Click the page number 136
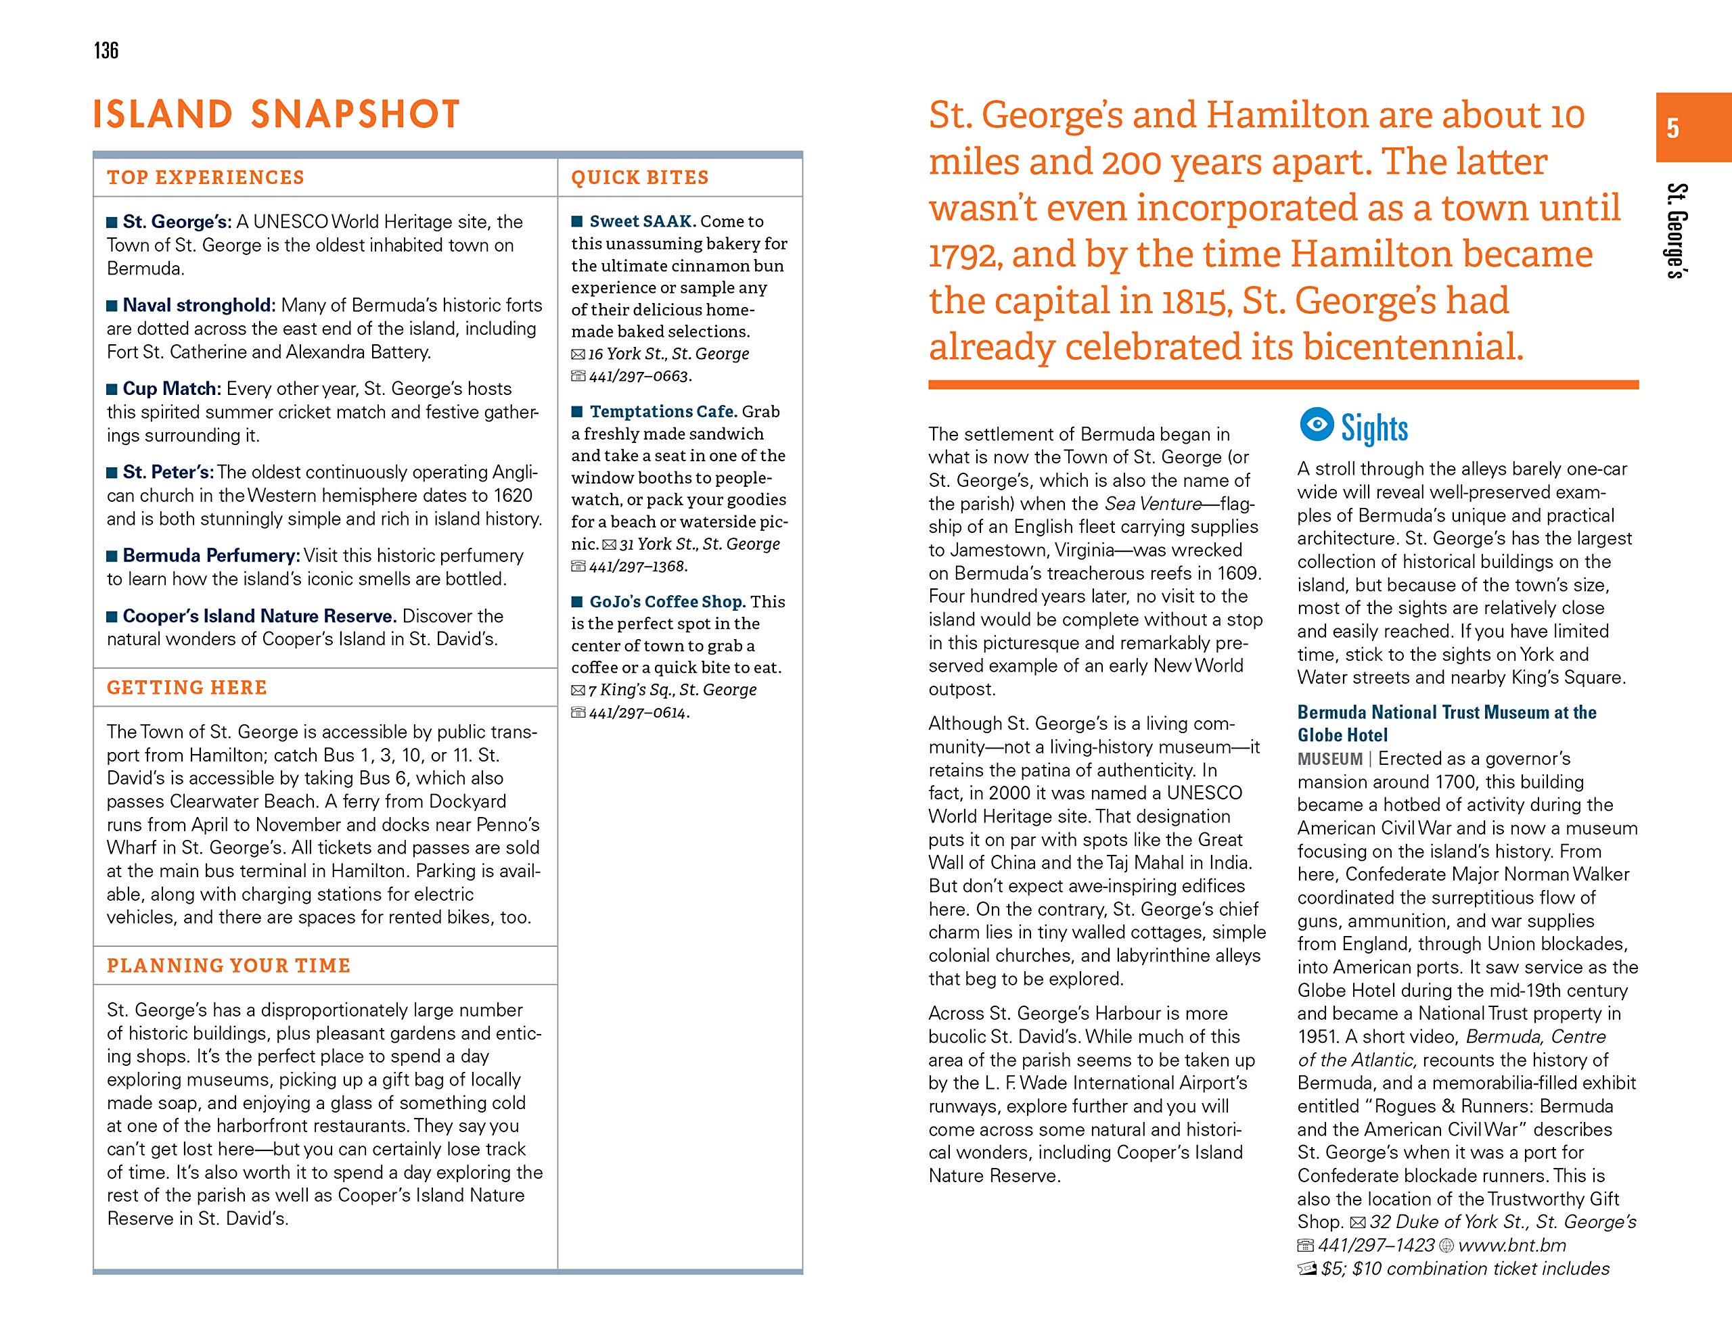(106, 51)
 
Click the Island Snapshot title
(276, 114)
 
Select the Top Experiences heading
(206, 178)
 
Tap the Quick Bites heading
(639, 178)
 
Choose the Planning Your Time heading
(229, 966)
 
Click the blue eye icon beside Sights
(1317, 425)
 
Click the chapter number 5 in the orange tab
(1672, 128)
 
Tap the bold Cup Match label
(171, 388)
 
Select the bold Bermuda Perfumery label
(211, 555)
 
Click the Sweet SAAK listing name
(642, 221)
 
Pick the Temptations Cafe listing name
(663, 411)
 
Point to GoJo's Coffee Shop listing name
(667, 602)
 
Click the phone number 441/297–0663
(639, 376)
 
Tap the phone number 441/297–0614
(639, 713)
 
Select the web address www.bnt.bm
(1511, 1246)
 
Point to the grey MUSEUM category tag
(1329, 759)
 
